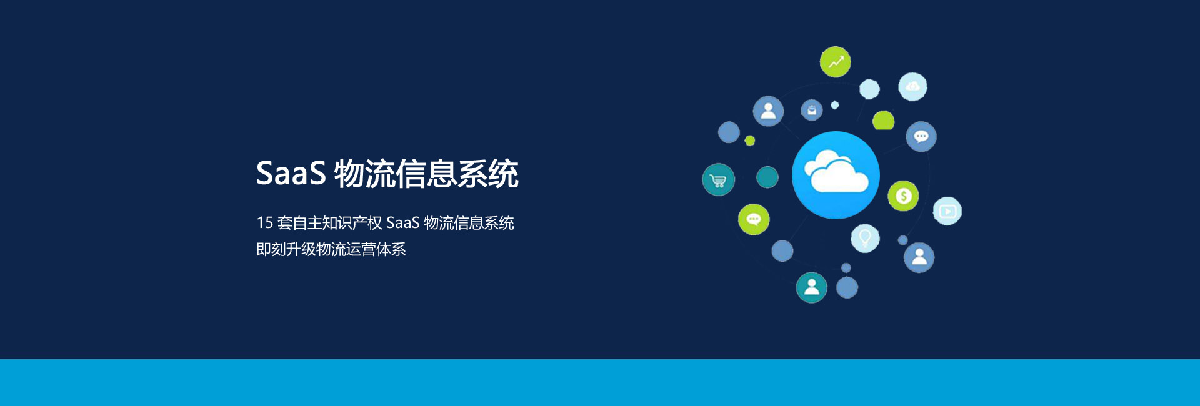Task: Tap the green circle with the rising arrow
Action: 836,62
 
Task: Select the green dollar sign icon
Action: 903,196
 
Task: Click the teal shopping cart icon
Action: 719,180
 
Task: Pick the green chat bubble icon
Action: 754,219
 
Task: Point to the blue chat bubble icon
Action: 921,137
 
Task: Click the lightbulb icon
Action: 865,238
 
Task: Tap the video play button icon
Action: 947,211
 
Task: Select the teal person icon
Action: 811,287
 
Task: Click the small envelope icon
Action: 812,111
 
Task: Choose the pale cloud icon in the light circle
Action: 912,87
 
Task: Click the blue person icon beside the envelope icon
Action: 768,111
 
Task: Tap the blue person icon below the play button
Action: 919,257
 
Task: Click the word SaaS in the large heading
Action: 291,173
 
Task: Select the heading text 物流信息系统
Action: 426,174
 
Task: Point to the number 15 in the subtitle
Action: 265,223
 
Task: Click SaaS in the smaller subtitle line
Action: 403,223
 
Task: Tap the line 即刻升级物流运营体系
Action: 331,249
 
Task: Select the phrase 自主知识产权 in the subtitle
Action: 337,223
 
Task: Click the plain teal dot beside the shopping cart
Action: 767,177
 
